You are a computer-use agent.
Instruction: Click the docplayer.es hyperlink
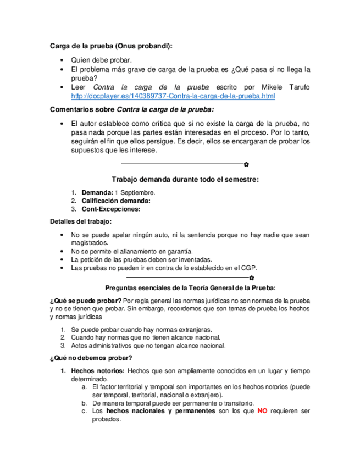click(x=173, y=96)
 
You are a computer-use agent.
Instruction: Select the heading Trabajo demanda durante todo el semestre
click(x=185, y=179)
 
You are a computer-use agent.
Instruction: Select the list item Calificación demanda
click(x=116, y=201)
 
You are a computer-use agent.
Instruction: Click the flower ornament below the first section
click(x=247, y=164)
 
